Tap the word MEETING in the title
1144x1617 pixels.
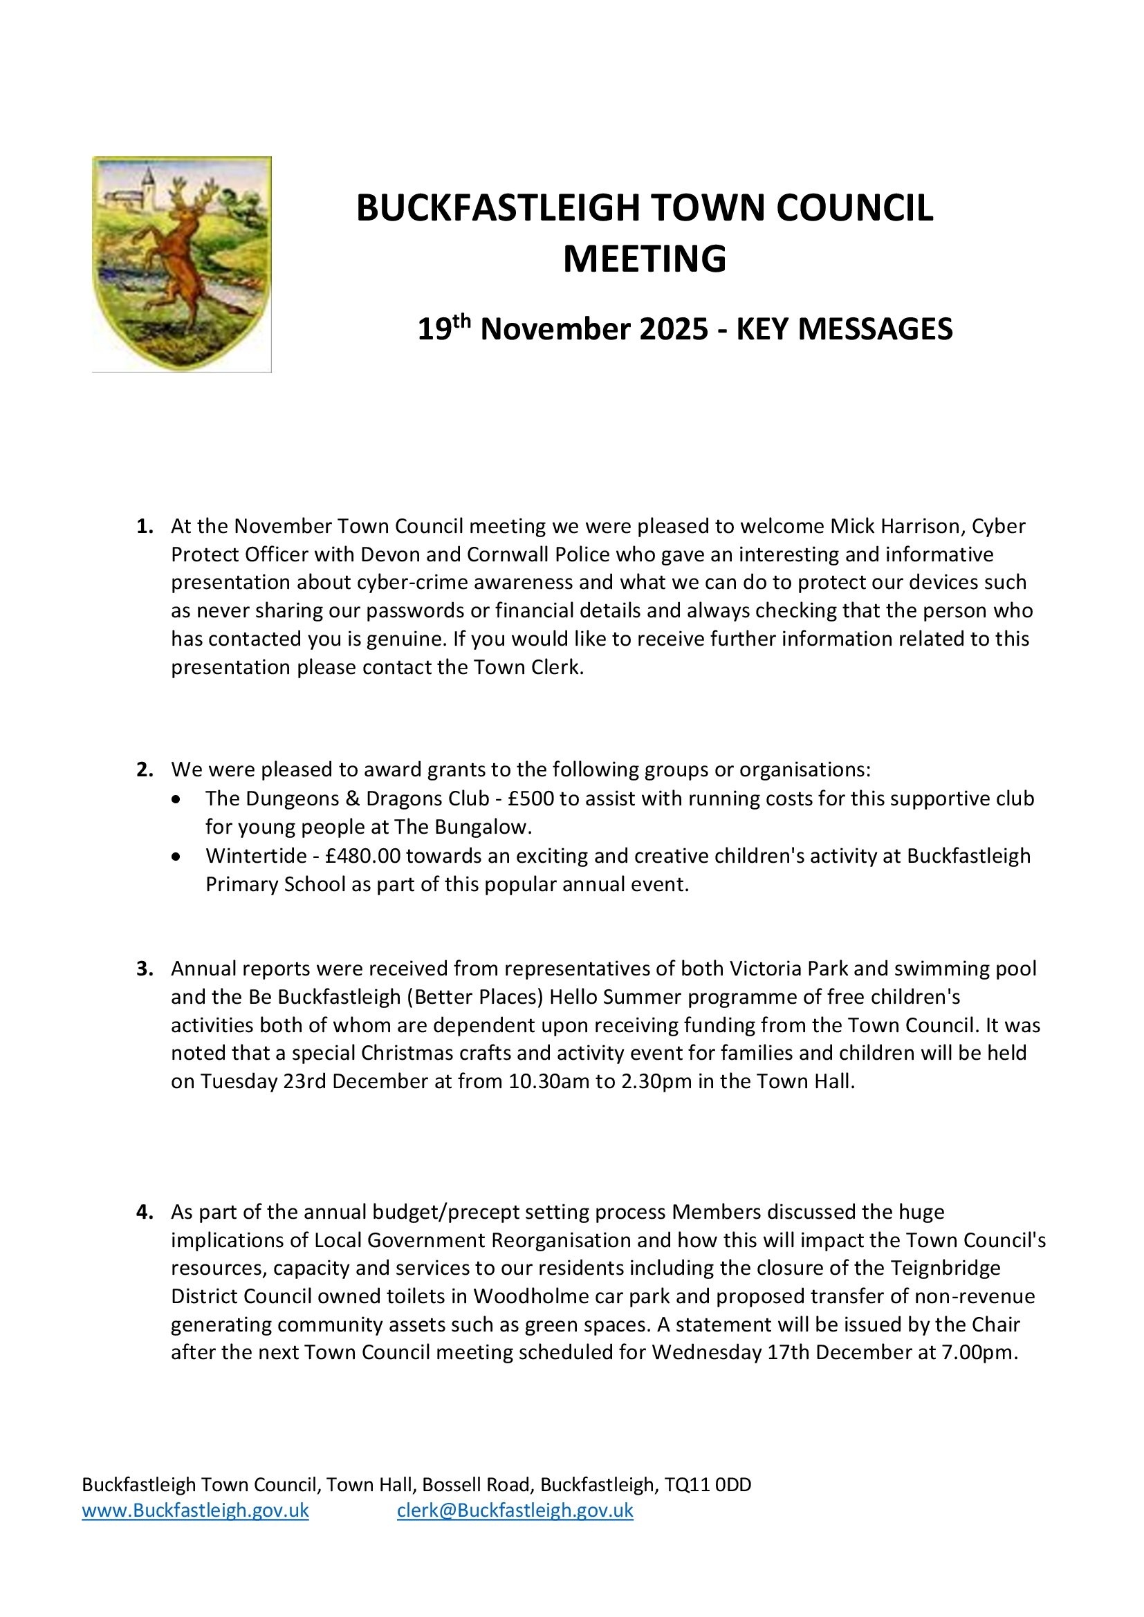click(644, 259)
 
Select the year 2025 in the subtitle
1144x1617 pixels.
click(674, 330)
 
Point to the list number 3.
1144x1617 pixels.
click(145, 969)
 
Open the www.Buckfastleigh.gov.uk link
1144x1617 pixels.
click(195, 1511)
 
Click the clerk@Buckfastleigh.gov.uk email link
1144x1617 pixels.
click(515, 1511)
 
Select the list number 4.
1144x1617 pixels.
click(145, 1211)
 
